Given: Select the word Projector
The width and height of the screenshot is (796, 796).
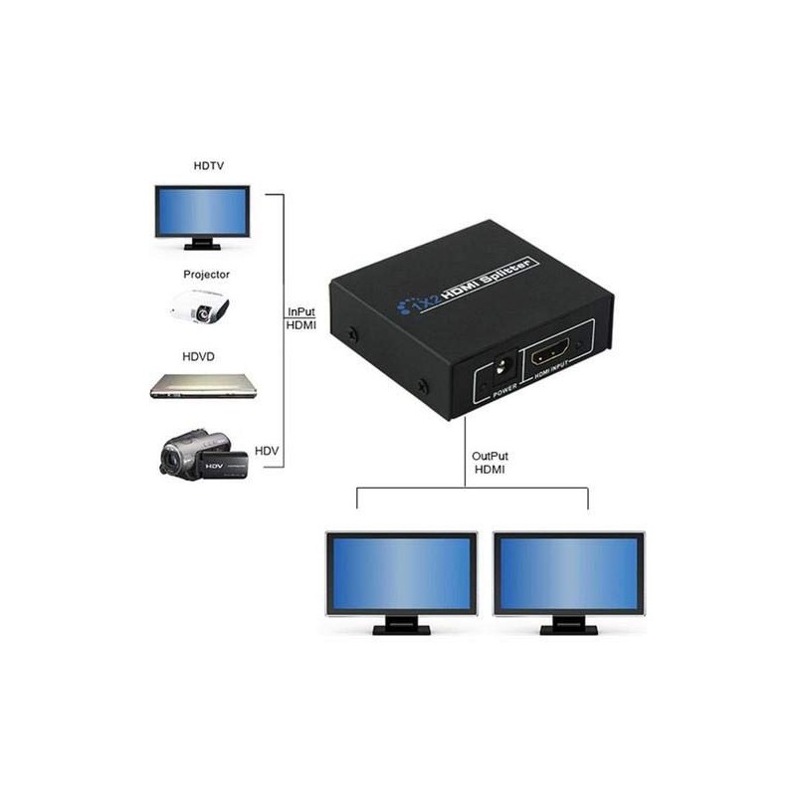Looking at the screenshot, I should [x=206, y=274].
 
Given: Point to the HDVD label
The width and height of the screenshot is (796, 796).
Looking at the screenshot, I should [x=199, y=355].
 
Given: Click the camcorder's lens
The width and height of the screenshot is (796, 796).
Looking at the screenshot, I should [x=172, y=461].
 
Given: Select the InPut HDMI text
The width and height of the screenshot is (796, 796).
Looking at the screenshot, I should [x=301, y=317].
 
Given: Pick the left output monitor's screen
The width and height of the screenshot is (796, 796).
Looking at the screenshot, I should [x=401, y=575].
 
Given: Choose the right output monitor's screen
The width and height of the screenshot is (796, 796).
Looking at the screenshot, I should [x=568, y=575].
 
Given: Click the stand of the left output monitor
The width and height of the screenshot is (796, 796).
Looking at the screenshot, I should [x=401, y=627].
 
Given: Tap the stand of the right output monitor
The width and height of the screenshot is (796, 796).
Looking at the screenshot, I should [x=568, y=627].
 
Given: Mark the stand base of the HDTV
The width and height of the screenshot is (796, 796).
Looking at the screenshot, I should [x=201, y=244].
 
